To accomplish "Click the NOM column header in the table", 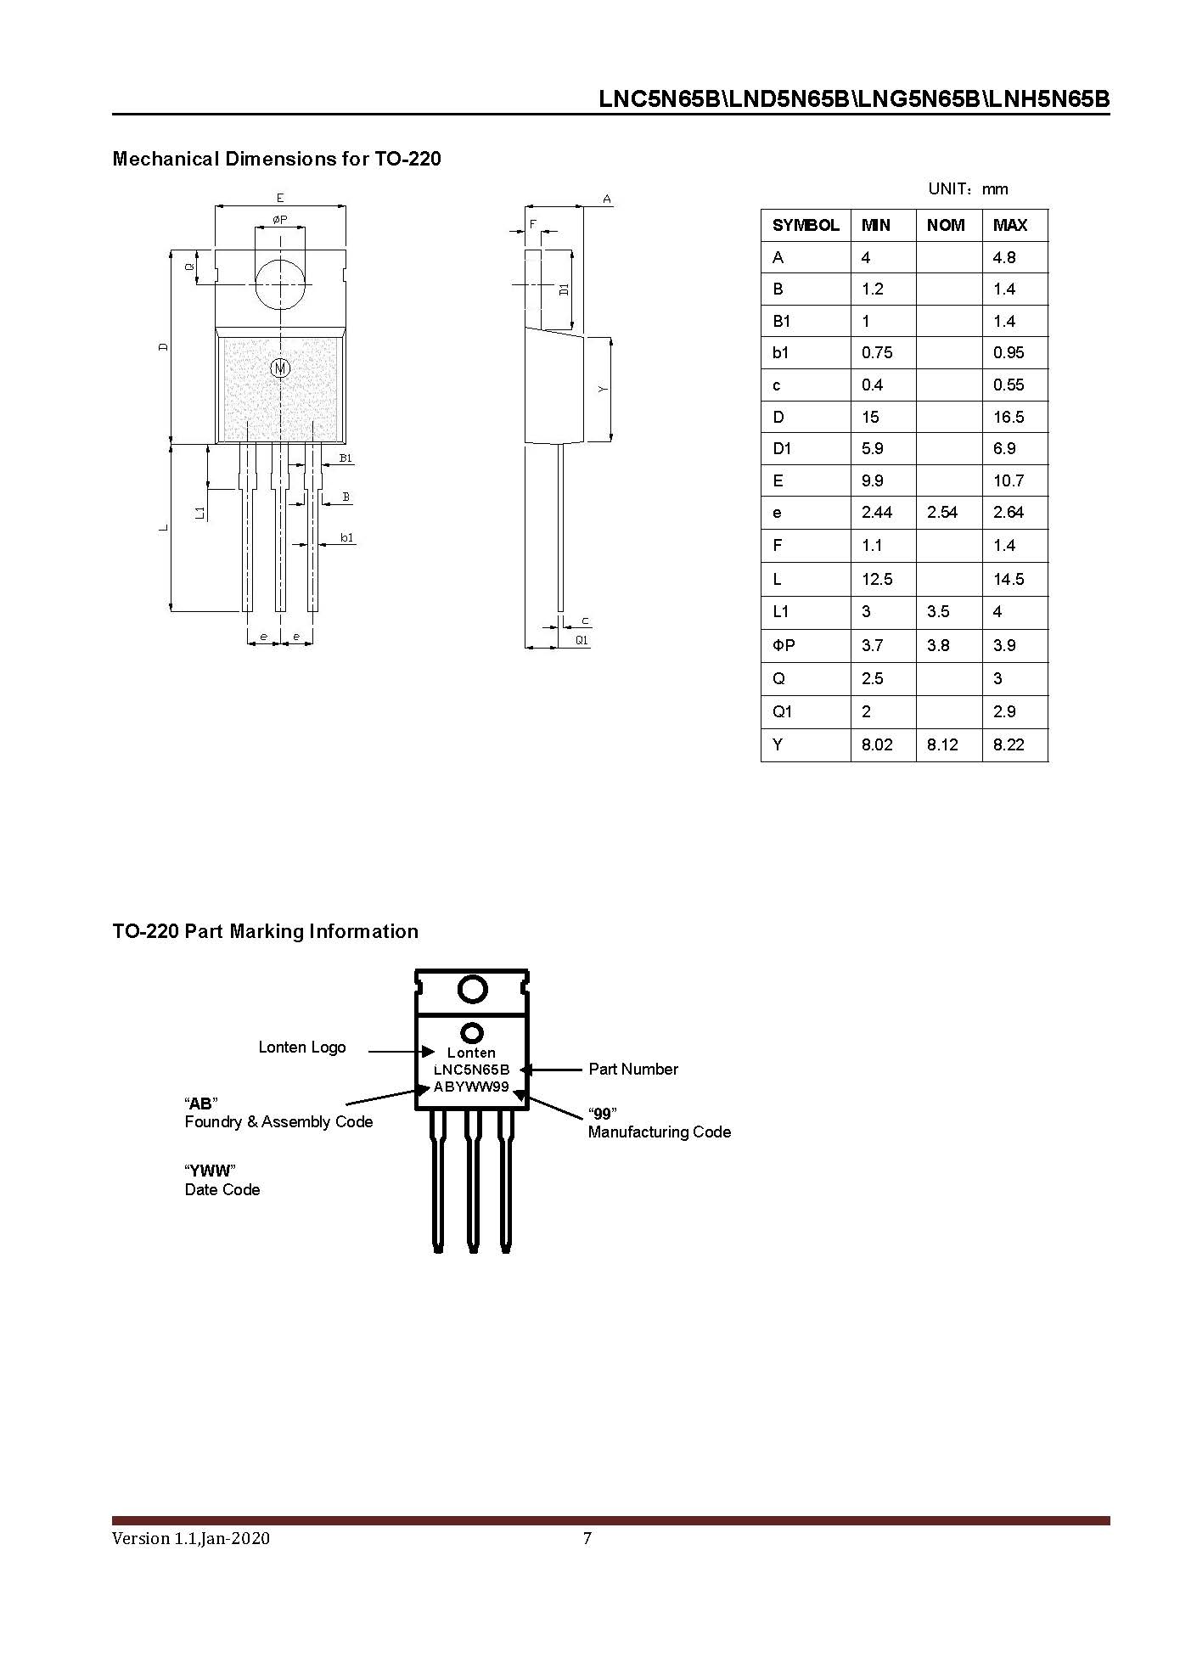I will (946, 225).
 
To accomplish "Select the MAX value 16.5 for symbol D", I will (1009, 417).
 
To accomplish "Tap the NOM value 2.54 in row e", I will (942, 512).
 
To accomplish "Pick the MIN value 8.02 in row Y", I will (877, 744).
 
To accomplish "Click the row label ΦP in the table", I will (784, 645).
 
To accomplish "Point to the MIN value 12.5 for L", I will (877, 579).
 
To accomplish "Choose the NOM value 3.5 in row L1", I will (938, 611).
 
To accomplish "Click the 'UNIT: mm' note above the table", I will (968, 188).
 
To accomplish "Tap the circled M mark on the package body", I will (280, 368).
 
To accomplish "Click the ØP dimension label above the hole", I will (279, 220).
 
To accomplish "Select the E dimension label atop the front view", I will (280, 198).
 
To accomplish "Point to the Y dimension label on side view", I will (603, 389).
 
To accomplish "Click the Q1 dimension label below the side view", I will (582, 640).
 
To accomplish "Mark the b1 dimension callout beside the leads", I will (346, 537).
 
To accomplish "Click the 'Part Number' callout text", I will (633, 1069).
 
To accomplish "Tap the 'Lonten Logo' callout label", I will (302, 1047).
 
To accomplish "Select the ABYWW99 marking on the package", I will (471, 1087).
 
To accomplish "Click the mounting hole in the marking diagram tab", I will (472, 989).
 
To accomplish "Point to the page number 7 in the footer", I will (587, 1538).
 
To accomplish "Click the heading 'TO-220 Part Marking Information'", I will (265, 931).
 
